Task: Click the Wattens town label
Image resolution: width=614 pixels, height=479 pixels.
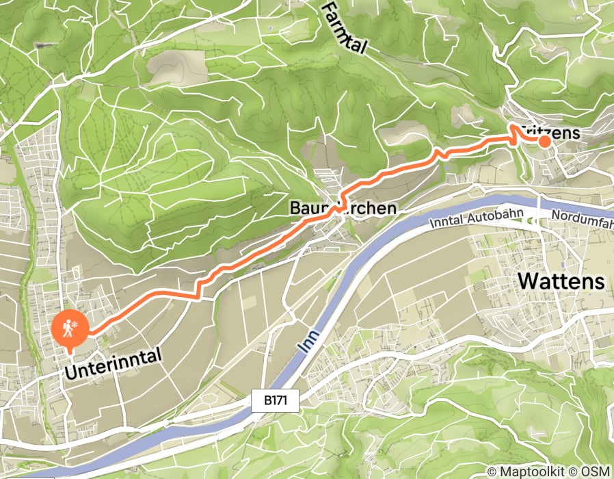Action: coord(562,281)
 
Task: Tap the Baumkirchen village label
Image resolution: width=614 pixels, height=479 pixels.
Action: coord(343,207)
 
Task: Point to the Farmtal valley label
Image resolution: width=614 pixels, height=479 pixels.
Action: coord(344,27)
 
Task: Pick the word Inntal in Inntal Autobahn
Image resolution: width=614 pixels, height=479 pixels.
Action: coord(447,222)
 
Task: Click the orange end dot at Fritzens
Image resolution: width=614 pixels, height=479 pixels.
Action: coord(544,142)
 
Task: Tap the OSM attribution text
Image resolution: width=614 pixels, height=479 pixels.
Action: coord(595,471)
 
